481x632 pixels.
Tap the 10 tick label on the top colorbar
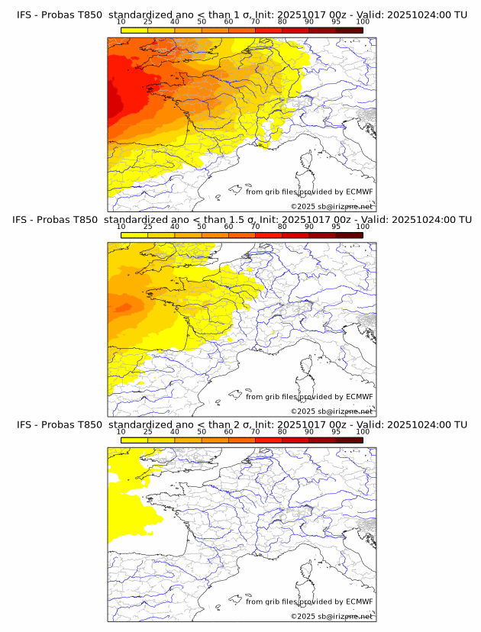click(x=121, y=22)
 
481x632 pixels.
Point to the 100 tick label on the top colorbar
click(x=363, y=22)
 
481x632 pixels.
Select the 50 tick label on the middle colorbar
click(x=202, y=227)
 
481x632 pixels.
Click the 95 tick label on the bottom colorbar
click(x=336, y=432)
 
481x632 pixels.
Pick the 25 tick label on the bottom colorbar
click(x=147, y=432)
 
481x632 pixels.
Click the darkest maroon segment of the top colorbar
click(x=350, y=30)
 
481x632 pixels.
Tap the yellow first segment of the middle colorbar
click(x=134, y=235)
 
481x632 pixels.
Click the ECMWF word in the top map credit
click(x=360, y=192)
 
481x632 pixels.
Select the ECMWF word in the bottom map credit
click(x=360, y=601)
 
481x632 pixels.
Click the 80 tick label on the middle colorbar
click(x=282, y=227)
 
